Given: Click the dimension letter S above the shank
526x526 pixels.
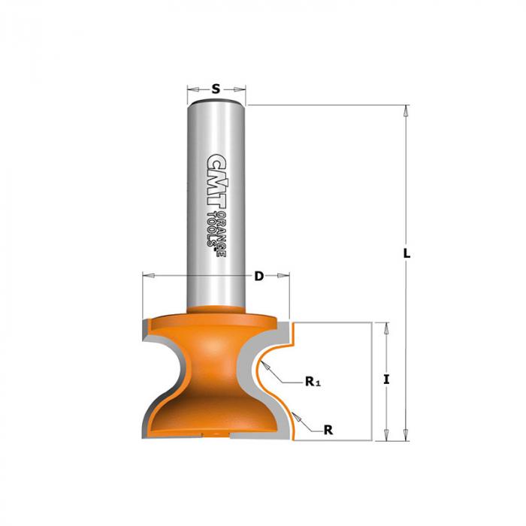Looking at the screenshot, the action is click(216, 89).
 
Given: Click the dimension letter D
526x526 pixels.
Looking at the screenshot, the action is click(259, 276).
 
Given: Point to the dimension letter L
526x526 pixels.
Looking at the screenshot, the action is click(407, 253).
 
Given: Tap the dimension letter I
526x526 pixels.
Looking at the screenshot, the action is click(386, 379).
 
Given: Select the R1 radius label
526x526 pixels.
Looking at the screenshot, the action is click(313, 382).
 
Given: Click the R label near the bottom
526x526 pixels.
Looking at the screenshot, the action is click(328, 430).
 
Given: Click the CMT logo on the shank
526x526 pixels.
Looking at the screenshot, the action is click(216, 182).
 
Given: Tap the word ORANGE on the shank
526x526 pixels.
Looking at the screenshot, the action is click(221, 234).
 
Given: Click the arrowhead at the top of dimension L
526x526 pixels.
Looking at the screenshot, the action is click(407, 111).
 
